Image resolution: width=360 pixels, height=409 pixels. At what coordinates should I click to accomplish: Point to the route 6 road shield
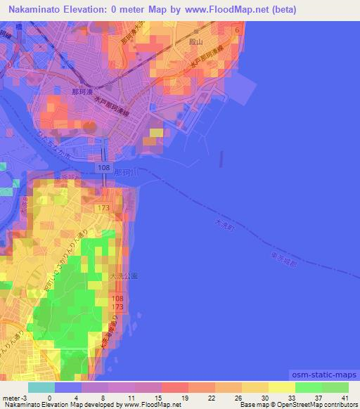[x=238, y=30]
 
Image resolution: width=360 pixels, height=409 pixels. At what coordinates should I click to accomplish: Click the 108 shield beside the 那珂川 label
[x=103, y=169]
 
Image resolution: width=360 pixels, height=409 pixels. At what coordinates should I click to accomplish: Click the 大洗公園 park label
[x=123, y=276]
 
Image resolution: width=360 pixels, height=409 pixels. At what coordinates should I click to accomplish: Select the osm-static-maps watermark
[x=323, y=377]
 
